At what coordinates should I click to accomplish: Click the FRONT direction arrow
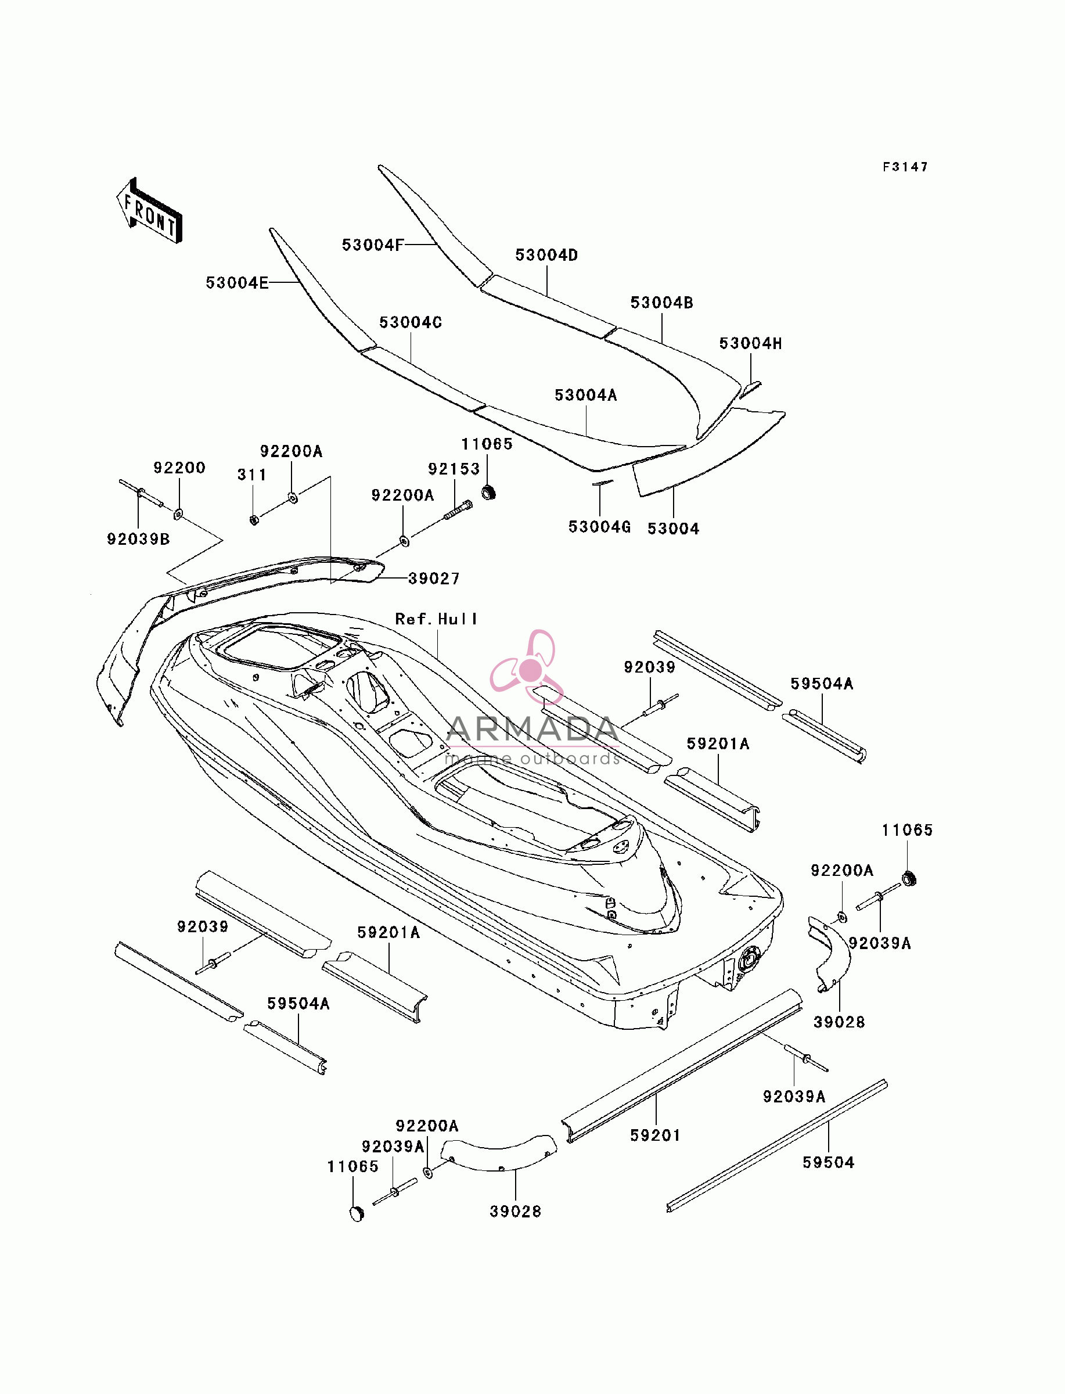click(x=150, y=210)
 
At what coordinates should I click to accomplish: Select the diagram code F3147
click(x=905, y=167)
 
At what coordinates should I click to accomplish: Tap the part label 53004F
click(x=373, y=245)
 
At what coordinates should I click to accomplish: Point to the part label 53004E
click(x=237, y=283)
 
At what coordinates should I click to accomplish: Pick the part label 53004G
click(x=600, y=527)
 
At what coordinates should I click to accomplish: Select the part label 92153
click(x=454, y=469)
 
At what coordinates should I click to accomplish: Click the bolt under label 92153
click(x=458, y=509)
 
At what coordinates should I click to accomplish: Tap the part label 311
click(x=251, y=474)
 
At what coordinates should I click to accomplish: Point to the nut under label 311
click(x=254, y=520)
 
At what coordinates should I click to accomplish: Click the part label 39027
click(x=434, y=578)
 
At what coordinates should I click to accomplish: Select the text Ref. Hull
click(x=436, y=619)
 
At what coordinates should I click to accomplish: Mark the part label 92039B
click(x=138, y=539)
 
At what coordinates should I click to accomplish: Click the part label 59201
click(x=656, y=1136)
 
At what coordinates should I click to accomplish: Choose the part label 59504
click(x=829, y=1163)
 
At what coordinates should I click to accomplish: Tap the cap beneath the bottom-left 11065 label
click(x=357, y=1213)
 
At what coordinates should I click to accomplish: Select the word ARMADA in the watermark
click(x=532, y=730)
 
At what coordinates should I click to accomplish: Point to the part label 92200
click(x=179, y=468)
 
